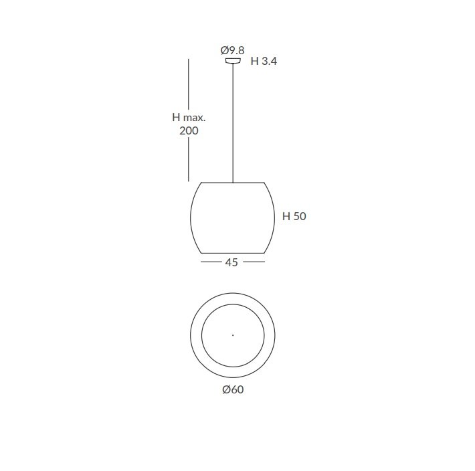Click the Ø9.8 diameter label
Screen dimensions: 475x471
click(232, 50)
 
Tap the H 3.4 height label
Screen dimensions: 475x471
click(264, 61)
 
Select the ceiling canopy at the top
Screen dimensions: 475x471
click(233, 61)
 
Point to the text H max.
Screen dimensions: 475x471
click(189, 117)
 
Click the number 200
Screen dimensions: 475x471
click(189, 131)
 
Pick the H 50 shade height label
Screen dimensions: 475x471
click(294, 216)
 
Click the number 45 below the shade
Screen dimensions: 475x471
click(231, 262)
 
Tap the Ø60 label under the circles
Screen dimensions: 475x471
click(233, 389)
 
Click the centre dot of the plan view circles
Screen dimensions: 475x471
click(233, 335)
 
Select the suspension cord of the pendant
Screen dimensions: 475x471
click(233, 123)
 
